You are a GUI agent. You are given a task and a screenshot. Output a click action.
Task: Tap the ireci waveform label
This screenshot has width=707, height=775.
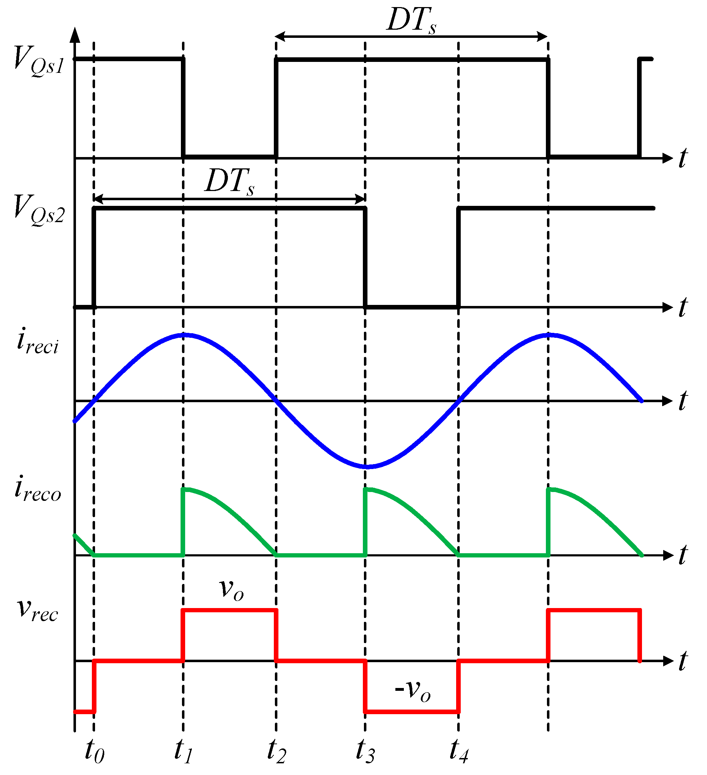pyautogui.click(x=38, y=341)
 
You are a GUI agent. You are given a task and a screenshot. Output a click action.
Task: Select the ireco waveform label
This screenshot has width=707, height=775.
pyautogui.click(x=38, y=490)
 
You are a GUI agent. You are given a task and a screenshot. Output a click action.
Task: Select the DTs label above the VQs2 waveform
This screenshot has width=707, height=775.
pyautogui.click(x=230, y=182)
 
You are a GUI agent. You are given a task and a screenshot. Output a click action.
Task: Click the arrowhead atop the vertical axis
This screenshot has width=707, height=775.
pyautogui.click(x=76, y=35)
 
